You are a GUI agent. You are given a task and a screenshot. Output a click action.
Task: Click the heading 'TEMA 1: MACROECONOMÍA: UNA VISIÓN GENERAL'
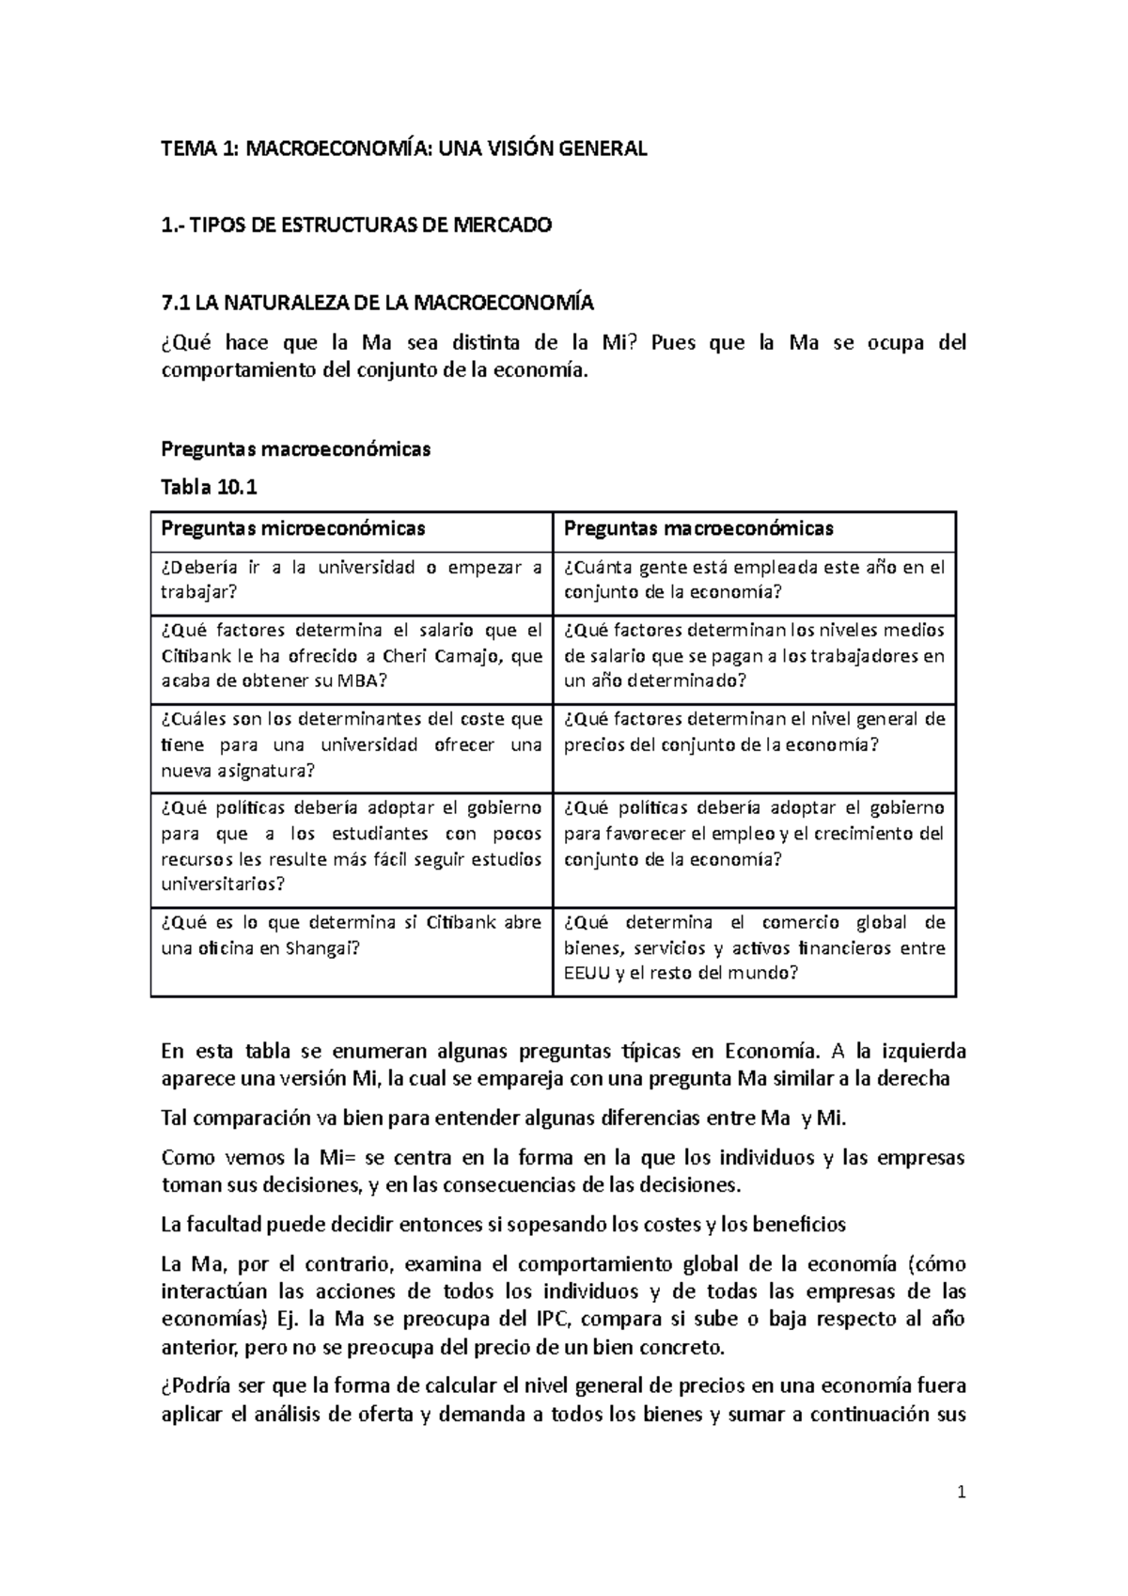click(404, 149)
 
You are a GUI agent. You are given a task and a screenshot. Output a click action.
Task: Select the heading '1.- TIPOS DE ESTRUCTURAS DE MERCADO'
click(357, 226)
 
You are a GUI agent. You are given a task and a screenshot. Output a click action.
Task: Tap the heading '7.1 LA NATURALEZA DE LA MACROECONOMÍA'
click(378, 303)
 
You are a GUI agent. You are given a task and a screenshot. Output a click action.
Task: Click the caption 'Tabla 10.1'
click(209, 488)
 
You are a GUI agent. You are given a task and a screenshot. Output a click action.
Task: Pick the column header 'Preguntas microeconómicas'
click(293, 528)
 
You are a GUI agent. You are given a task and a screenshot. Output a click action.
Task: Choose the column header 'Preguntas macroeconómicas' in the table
click(698, 528)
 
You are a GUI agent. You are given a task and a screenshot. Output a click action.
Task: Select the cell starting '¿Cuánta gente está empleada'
click(754, 579)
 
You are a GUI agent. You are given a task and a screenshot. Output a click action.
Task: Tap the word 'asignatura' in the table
click(266, 772)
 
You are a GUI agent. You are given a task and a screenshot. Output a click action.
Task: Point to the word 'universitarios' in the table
click(223, 884)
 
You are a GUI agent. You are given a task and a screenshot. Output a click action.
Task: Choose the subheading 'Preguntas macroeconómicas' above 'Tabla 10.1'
click(296, 449)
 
